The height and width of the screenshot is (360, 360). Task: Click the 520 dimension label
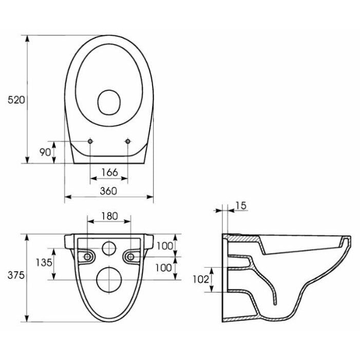pyautogui.click(x=16, y=100)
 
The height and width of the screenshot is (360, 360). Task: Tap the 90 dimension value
pyautogui.click(x=45, y=152)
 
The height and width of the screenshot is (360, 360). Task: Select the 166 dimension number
pyautogui.click(x=109, y=172)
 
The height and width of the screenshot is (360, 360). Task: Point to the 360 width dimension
pyautogui.click(x=108, y=191)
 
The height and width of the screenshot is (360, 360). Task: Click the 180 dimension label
pyautogui.click(x=109, y=216)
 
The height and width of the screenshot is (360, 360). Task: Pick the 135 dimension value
pyautogui.click(x=44, y=262)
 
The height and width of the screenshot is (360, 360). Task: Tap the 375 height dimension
pyautogui.click(x=16, y=275)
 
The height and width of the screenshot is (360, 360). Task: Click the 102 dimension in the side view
pyautogui.click(x=201, y=279)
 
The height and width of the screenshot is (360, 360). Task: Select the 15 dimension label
pyautogui.click(x=241, y=206)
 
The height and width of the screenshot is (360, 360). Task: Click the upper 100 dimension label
pyautogui.click(x=165, y=246)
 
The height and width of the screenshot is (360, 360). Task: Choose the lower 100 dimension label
pyautogui.click(x=163, y=268)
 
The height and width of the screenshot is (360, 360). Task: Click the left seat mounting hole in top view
pyautogui.click(x=90, y=141)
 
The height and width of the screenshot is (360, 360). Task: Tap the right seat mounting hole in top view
pyautogui.click(x=128, y=141)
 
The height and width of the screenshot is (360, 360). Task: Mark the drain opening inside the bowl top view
pyautogui.click(x=109, y=102)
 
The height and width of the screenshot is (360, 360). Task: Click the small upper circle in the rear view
pyautogui.click(x=109, y=249)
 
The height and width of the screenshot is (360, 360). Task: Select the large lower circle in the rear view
pyautogui.click(x=109, y=280)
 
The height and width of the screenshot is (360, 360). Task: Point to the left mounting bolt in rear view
pyautogui.click(x=87, y=257)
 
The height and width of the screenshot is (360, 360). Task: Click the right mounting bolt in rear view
pyautogui.click(x=130, y=257)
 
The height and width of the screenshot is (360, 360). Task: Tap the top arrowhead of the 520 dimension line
pyautogui.click(x=27, y=39)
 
